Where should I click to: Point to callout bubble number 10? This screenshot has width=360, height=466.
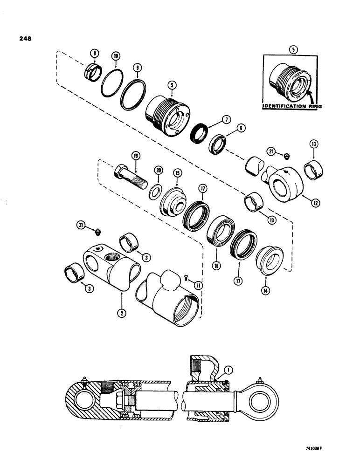[x=116, y=56]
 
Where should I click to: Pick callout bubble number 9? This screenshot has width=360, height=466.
[x=137, y=68]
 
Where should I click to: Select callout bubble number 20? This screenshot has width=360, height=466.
[x=159, y=171]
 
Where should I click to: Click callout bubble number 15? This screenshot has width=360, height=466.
[x=177, y=172]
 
